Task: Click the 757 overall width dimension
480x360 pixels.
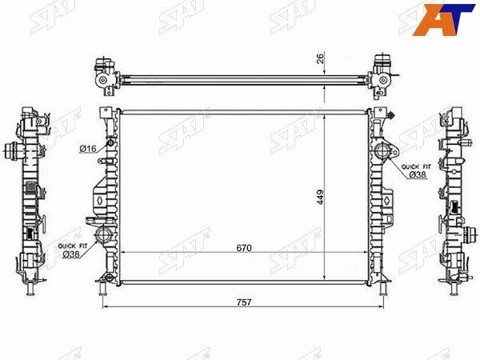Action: click(244, 302)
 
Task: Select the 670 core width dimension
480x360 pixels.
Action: click(244, 248)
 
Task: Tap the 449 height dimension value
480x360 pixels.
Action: click(320, 198)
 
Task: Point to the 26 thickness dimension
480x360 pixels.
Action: click(320, 58)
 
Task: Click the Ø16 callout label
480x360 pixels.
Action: click(88, 149)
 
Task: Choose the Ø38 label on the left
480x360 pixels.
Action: click(71, 254)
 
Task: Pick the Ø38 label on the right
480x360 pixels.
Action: click(418, 174)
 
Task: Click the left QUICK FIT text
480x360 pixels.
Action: click(73, 246)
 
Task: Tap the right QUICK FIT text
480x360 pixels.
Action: click(416, 167)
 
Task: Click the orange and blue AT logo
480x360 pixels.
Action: click(443, 19)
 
